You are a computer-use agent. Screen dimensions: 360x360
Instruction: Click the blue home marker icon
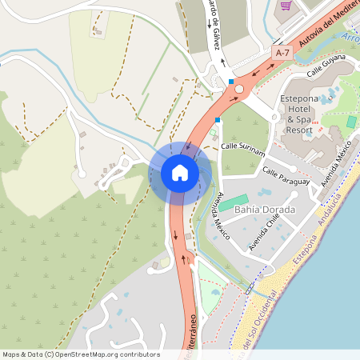click(180, 173)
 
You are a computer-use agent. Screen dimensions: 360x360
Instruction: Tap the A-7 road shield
click(281, 52)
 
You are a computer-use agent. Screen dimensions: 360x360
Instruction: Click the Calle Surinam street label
click(242, 146)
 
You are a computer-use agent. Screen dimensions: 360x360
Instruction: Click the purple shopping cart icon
click(286, 6)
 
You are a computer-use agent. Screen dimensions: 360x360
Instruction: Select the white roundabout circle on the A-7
click(238, 89)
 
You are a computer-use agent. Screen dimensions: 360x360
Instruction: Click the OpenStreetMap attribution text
click(81, 354)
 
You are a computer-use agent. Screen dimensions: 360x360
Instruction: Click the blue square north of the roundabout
click(231, 82)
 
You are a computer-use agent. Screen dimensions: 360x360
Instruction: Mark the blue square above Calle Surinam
click(217, 120)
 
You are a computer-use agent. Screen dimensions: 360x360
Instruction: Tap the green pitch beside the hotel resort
click(351, 122)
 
